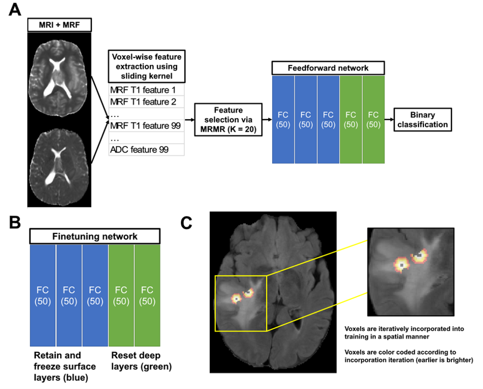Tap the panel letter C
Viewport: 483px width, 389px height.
pyautogui.click(x=188, y=222)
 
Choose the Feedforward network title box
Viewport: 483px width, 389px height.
pyautogui.click(x=328, y=68)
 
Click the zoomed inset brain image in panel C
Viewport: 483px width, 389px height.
pyautogui.click(x=411, y=272)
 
